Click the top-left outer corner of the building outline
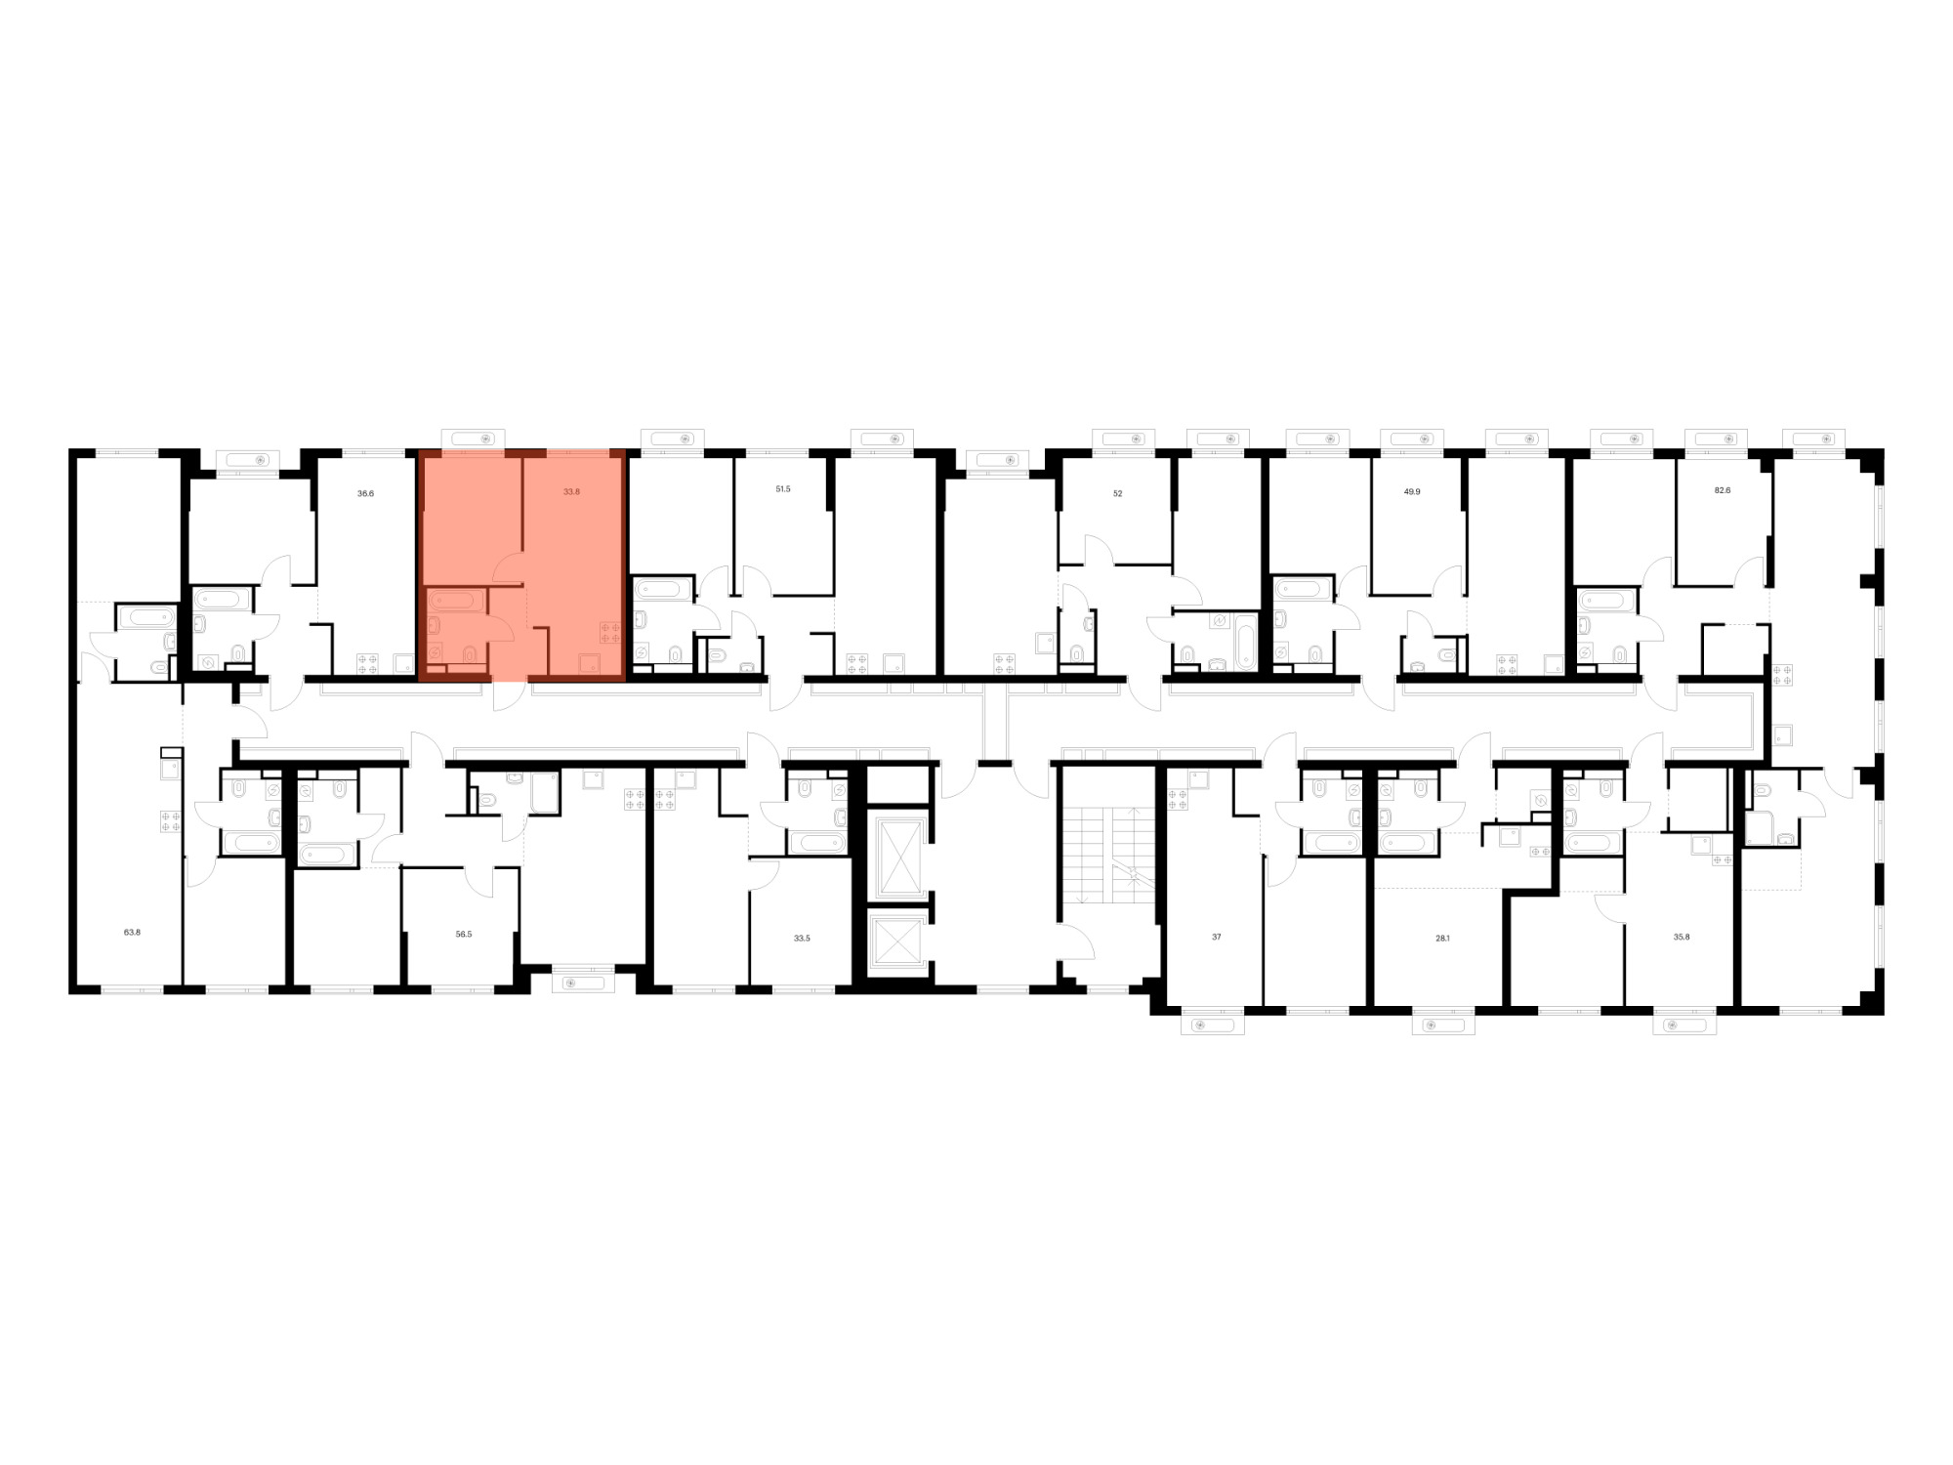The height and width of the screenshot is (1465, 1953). click(68, 449)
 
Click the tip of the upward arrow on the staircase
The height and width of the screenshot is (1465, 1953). click(1132, 810)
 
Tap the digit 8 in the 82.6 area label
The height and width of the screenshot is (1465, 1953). click(1718, 491)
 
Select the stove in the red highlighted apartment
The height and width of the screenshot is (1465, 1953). click(610, 632)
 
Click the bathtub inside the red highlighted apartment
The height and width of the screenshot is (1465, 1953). click(451, 600)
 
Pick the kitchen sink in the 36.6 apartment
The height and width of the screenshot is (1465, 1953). click(404, 664)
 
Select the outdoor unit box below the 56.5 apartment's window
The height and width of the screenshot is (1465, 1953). click(583, 984)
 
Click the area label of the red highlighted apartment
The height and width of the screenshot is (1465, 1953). click(571, 492)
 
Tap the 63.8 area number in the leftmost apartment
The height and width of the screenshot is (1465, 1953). click(132, 932)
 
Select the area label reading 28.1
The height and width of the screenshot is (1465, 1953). click(1442, 937)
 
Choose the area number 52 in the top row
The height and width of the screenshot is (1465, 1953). click(1117, 493)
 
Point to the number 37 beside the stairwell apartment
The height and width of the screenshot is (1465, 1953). click(1217, 937)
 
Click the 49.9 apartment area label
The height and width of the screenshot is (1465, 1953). click(1412, 492)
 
